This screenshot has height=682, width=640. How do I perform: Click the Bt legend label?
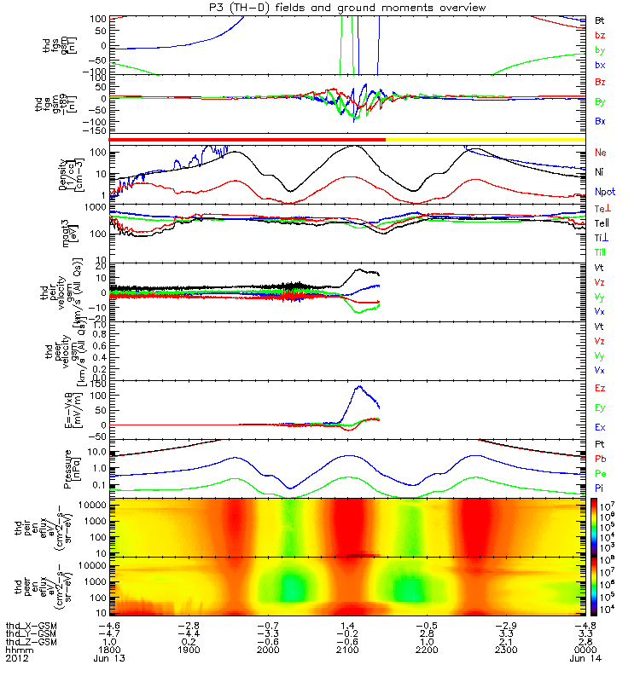600,19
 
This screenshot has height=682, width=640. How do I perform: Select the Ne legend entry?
601,152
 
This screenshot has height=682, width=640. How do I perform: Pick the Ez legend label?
601,388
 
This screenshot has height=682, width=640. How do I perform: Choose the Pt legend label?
601,445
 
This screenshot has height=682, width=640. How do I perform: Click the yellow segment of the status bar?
486,139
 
